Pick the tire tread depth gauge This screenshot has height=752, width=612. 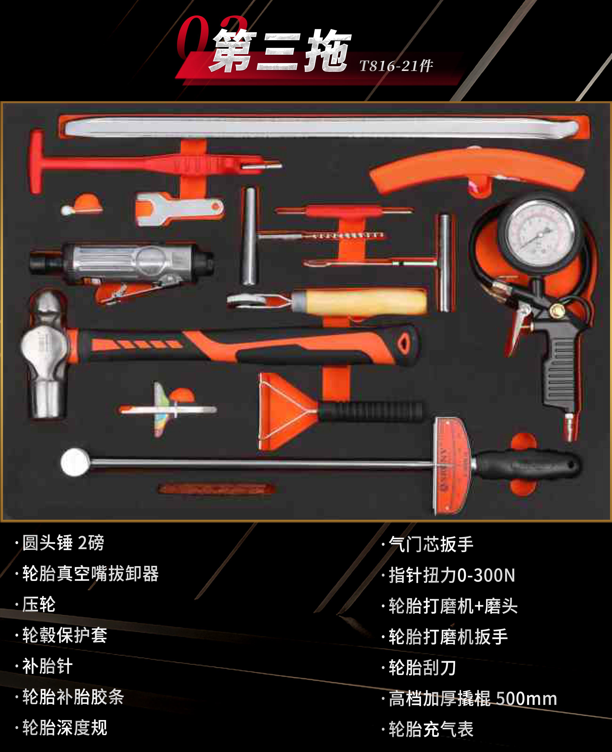click(x=166, y=409)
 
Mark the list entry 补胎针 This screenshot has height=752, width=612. click(x=48, y=666)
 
